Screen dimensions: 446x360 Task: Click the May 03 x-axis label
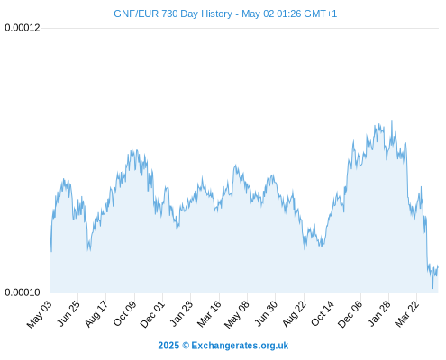pyautogui.click(x=40, y=314)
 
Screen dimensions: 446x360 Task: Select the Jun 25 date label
pyautogui.click(x=68, y=313)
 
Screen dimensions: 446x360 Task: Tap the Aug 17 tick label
pyautogui.click(x=96, y=314)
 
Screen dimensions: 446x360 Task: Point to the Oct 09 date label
pyautogui.click(x=125, y=313)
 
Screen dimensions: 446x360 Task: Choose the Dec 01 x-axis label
pyautogui.click(x=152, y=314)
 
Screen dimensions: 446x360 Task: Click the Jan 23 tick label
pyautogui.click(x=181, y=313)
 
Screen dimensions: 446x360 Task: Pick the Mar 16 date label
pyautogui.click(x=209, y=314)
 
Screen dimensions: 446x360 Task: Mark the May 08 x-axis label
pyautogui.click(x=237, y=314)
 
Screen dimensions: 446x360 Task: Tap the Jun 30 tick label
pyautogui.click(x=266, y=313)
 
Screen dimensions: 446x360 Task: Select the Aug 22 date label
pyautogui.click(x=295, y=314)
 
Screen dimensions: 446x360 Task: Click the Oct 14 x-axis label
pyautogui.click(x=323, y=313)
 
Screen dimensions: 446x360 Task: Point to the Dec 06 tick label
pyautogui.click(x=350, y=314)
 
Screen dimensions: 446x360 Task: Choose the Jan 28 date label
pyautogui.click(x=379, y=313)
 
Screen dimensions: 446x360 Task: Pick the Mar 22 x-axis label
pyautogui.click(x=407, y=314)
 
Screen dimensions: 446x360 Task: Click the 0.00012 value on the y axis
pyautogui.click(x=23, y=28)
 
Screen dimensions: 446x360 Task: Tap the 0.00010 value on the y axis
pyautogui.click(x=23, y=292)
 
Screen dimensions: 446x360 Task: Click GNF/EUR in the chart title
pyautogui.click(x=136, y=14)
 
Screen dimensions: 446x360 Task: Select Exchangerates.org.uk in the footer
pyautogui.click(x=240, y=346)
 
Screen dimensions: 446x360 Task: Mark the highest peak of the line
pyautogui.click(x=392, y=121)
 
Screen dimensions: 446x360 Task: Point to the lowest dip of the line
pyautogui.click(x=432, y=288)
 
